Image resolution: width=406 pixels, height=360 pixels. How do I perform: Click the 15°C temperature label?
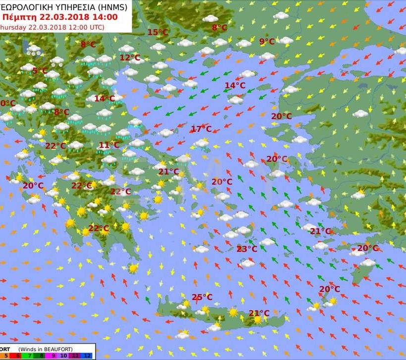pos(158,33)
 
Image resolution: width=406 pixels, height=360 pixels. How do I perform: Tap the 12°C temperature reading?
pos(130,57)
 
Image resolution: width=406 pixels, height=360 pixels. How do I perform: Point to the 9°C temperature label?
pos(267,42)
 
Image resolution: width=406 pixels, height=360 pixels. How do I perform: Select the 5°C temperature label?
pos(40,71)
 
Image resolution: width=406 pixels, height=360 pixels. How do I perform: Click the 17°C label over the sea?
pos(201,129)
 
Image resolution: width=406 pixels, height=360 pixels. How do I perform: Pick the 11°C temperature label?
pos(109,145)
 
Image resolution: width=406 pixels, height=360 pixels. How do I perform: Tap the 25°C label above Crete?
pos(202,297)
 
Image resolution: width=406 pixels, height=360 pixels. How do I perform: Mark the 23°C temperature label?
pos(247,249)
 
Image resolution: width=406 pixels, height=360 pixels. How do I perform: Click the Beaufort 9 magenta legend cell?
pos(53,356)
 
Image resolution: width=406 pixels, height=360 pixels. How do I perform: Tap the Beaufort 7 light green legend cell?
pos(29,356)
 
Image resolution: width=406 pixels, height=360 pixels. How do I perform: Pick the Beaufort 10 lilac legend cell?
pos(65,356)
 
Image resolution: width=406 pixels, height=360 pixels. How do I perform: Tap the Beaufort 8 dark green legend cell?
pos(41,356)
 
